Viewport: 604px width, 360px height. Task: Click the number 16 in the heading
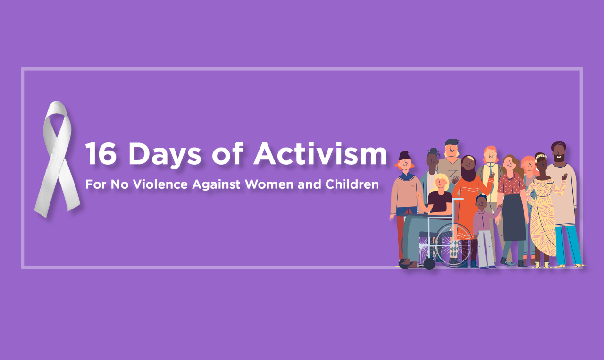(x=101, y=154)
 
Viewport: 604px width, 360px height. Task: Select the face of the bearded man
(x=559, y=153)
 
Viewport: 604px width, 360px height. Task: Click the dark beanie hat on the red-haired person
(x=404, y=155)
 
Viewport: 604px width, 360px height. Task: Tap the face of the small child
(x=481, y=203)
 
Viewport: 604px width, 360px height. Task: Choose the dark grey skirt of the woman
(x=514, y=217)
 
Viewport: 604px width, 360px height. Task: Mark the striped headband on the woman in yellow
(x=541, y=156)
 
